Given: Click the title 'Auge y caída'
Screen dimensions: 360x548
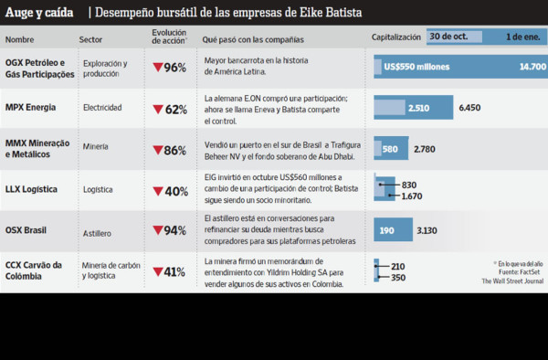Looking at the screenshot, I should (x=39, y=13).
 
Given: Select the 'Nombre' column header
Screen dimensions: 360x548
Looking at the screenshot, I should (x=20, y=40).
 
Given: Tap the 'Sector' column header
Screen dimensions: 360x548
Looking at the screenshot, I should (x=91, y=40).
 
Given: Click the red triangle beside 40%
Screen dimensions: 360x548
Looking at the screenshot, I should (x=158, y=191).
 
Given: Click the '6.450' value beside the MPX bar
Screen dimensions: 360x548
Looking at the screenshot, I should (x=469, y=108).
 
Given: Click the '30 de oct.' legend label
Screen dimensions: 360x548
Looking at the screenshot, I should (x=449, y=37).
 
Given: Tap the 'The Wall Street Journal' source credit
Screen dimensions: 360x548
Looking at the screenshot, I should (x=511, y=281).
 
